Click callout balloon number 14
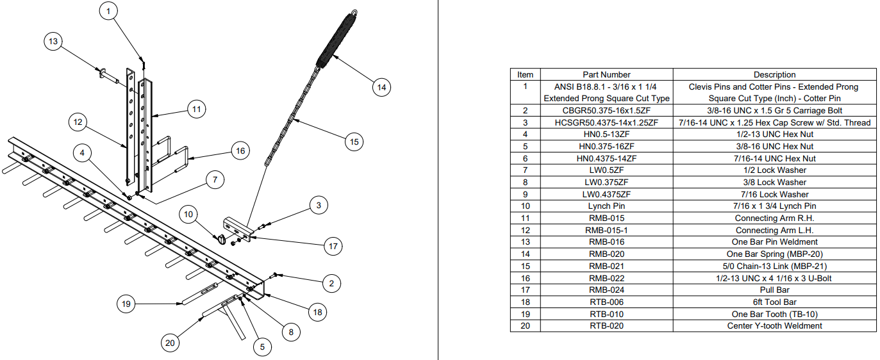(381, 87)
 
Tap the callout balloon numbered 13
(53, 41)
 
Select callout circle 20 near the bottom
(170, 343)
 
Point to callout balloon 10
(188, 215)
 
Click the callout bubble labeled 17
(333, 246)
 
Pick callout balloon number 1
(108, 11)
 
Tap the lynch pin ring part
(221, 239)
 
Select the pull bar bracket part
(237, 230)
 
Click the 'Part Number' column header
(606, 74)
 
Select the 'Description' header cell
(774, 74)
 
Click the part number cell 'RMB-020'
(606, 254)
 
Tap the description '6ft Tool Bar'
(774, 302)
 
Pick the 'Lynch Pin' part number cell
(606, 206)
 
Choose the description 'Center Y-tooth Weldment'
(774, 326)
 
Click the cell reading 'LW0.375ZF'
(606, 182)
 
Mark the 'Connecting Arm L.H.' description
(774, 230)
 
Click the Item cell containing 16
(526, 279)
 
